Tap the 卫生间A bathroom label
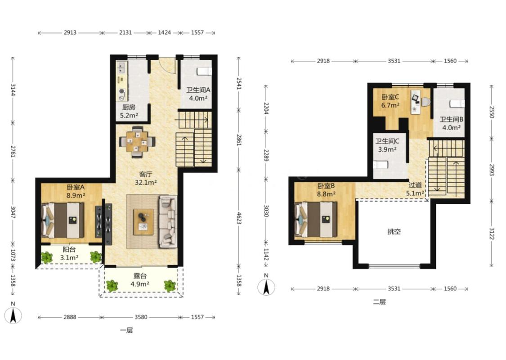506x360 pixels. [198, 90]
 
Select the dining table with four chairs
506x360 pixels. [137, 142]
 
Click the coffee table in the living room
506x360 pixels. [143, 222]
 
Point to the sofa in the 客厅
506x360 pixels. [168, 221]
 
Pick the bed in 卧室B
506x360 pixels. [316, 220]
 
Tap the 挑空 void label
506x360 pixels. [394, 231]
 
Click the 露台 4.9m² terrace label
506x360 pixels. [140, 280]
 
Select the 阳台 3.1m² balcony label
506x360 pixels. [69, 253]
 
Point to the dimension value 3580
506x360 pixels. [141, 317]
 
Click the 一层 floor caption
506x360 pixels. [126, 330]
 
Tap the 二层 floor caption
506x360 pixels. [380, 302]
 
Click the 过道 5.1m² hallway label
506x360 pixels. [415, 189]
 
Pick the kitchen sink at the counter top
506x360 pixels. [121, 68]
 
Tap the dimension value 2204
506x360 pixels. [266, 108]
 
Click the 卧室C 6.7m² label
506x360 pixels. [390, 101]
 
